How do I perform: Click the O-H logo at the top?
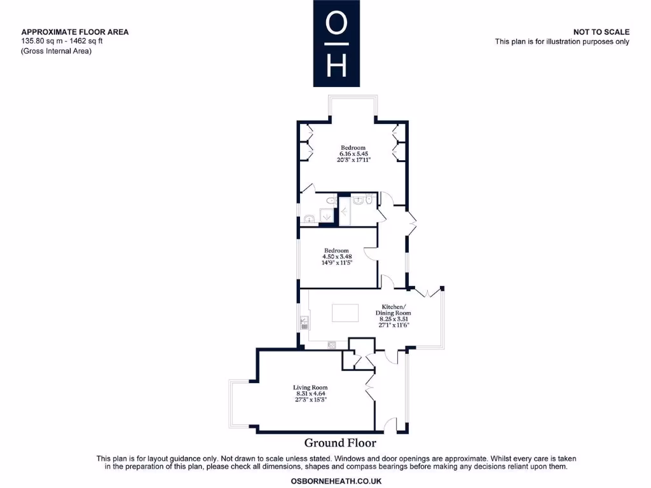click(x=336, y=43)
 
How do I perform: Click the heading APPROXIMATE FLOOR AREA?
click(x=75, y=32)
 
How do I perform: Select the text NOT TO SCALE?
click(x=601, y=32)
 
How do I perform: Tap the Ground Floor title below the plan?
click(x=339, y=443)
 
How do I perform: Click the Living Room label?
click(x=310, y=387)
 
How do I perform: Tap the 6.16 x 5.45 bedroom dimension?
click(x=354, y=154)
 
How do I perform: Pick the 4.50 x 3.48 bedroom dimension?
click(x=337, y=256)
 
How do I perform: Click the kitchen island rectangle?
click(x=345, y=313)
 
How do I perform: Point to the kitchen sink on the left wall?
click(x=305, y=322)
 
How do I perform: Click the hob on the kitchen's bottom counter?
click(x=332, y=345)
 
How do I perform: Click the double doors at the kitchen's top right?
click(x=428, y=292)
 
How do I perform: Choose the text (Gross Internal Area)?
click(x=57, y=51)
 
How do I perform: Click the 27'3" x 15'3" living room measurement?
click(x=310, y=400)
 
